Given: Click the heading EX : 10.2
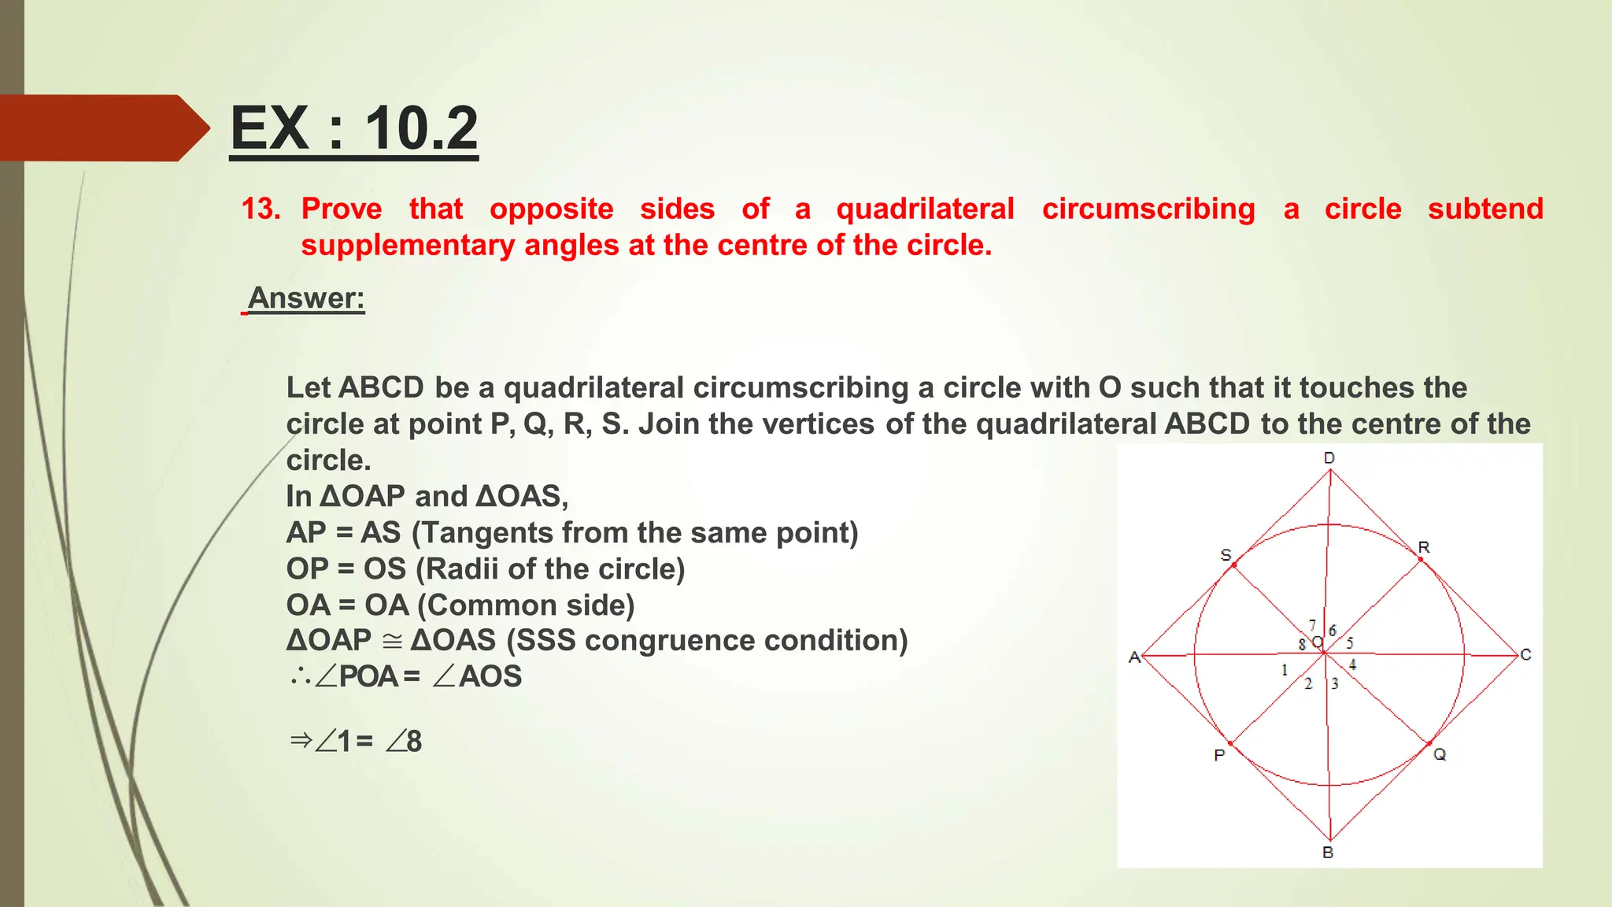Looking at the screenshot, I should pyautogui.click(x=353, y=128).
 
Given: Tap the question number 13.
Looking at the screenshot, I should pyautogui.click(x=261, y=209).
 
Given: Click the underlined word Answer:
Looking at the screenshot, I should pyautogui.click(x=306, y=298).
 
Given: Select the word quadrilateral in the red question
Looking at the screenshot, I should pyautogui.click(x=925, y=209).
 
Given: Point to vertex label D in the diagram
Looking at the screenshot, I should pyautogui.click(x=1329, y=458).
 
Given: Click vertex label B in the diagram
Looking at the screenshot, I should pyautogui.click(x=1328, y=853).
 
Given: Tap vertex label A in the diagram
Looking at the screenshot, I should pyautogui.click(x=1134, y=657).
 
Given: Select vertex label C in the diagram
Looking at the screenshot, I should pyautogui.click(x=1525, y=655).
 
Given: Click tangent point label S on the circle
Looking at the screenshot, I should pyautogui.click(x=1226, y=555).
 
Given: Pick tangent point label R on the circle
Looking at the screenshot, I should pyautogui.click(x=1424, y=547).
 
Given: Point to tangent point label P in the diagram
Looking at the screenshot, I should pyautogui.click(x=1219, y=756).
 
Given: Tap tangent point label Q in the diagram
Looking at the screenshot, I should pyautogui.click(x=1440, y=754).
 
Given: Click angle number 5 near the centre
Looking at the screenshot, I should pyautogui.click(x=1350, y=643).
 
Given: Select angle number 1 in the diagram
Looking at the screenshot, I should pyautogui.click(x=1285, y=670).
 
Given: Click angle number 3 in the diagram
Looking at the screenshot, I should pyautogui.click(x=1335, y=683).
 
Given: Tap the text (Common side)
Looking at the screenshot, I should pyautogui.click(x=526, y=605).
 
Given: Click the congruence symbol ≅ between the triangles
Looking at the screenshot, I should pyautogui.click(x=391, y=641).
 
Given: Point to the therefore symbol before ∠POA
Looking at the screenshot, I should pyautogui.click(x=300, y=676).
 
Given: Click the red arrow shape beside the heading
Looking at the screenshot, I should pyautogui.click(x=102, y=128).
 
